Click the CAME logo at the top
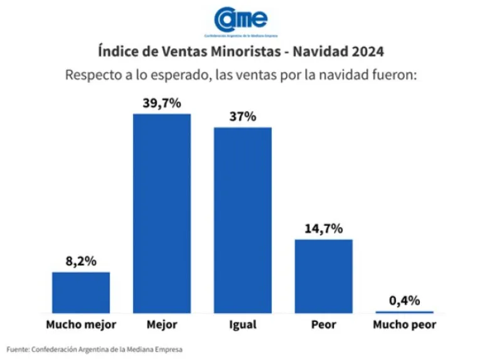(x=240, y=19)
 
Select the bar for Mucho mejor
(x=81, y=292)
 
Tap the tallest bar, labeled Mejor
(x=162, y=213)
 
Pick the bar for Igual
(x=243, y=220)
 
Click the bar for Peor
(x=323, y=275)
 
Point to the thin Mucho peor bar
(x=404, y=312)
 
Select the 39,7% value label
(x=162, y=103)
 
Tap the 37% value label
(x=243, y=117)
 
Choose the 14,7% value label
(x=323, y=229)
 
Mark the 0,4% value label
(x=404, y=301)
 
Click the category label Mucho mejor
(x=81, y=325)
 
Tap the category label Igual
(x=242, y=325)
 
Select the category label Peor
(x=323, y=325)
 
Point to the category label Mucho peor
(x=404, y=325)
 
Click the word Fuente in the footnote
(x=18, y=349)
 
